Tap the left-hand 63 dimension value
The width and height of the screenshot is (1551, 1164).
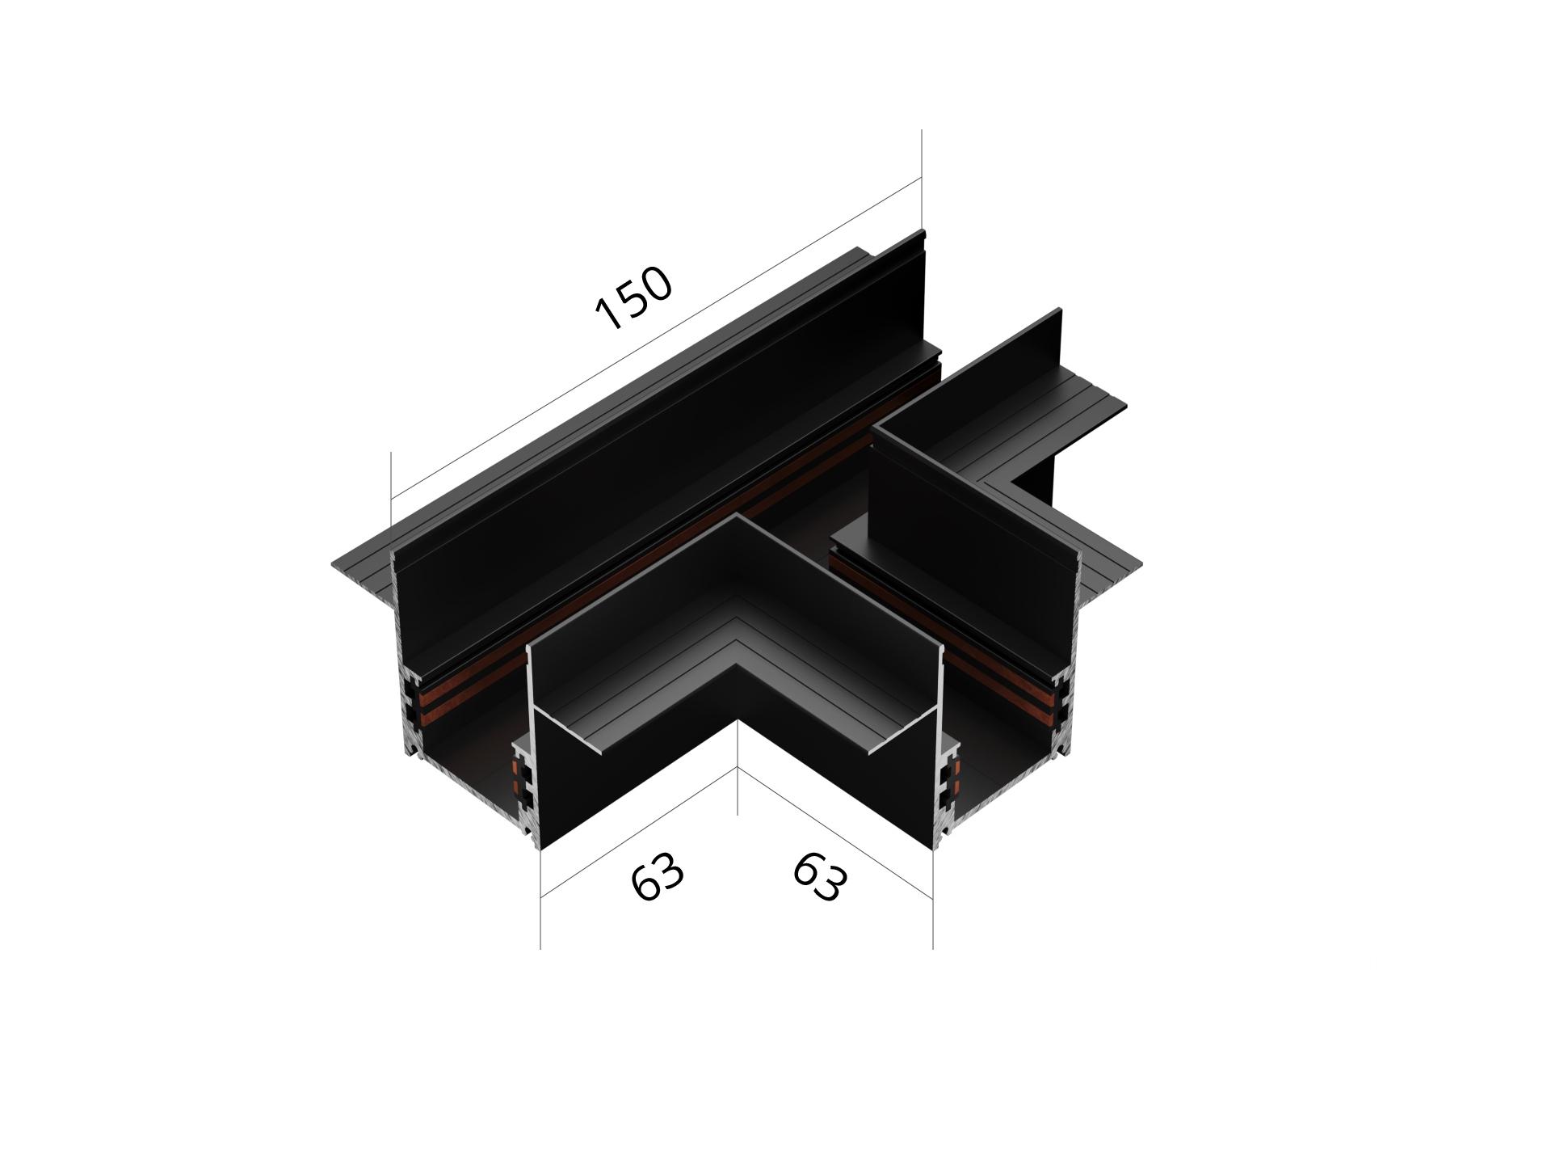click(x=658, y=875)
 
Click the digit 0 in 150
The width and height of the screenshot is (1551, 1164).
click(x=656, y=284)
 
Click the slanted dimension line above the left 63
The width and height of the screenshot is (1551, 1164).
click(x=638, y=833)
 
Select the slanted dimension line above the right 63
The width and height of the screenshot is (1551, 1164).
click(x=835, y=833)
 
